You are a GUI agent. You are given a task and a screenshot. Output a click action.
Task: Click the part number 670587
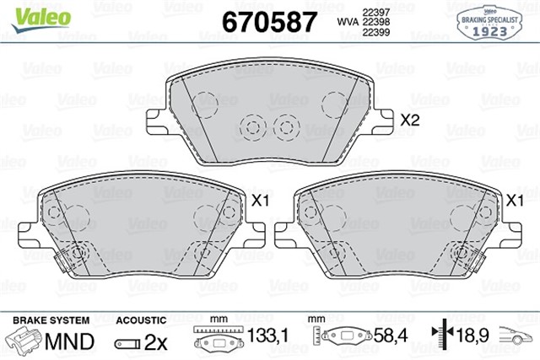[269, 21]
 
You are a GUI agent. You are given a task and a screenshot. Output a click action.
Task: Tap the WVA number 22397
[376, 10]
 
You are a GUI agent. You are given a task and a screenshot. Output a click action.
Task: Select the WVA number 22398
[376, 22]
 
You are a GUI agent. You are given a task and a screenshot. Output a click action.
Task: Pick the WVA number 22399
[376, 35]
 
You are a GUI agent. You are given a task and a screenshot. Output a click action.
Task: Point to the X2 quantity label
[409, 121]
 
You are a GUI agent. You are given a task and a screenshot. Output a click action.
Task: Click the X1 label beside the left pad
[260, 201]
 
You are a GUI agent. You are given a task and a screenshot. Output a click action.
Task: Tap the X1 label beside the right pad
[512, 201]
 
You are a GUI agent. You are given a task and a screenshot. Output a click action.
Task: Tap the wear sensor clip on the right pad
[472, 261]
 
